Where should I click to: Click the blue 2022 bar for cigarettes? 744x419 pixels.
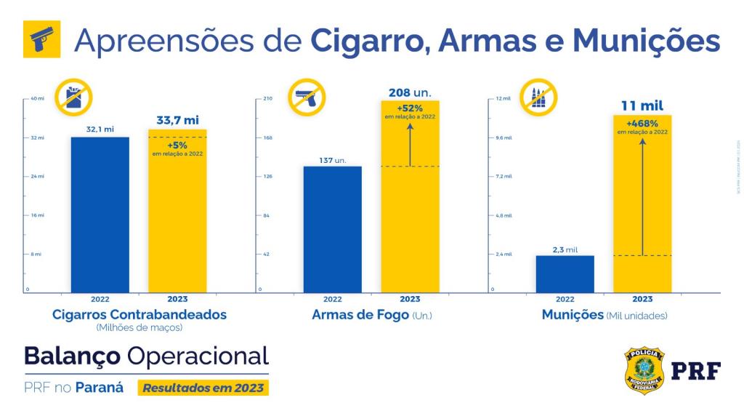click(x=100, y=215)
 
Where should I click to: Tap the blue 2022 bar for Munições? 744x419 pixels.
click(x=565, y=274)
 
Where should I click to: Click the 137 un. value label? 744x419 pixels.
click(x=332, y=160)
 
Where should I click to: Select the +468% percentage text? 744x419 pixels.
click(x=642, y=123)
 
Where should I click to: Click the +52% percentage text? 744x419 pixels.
click(x=410, y=108)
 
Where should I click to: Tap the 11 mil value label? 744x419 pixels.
click(x=642, y=106)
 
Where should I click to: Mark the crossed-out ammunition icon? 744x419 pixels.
click(x=538, y=97)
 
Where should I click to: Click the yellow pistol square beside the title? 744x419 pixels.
click(x=41, y=39)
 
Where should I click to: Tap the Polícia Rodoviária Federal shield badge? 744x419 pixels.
click(x=644, y=370)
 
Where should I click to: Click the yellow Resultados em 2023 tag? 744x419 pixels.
click(x=203, y=388)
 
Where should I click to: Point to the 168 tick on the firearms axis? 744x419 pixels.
click(x=267, y=137)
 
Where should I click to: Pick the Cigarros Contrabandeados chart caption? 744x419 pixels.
click(x=139, y=315)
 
